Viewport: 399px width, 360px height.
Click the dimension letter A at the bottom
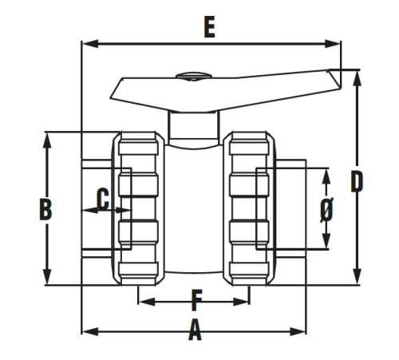click(x=194, y=330)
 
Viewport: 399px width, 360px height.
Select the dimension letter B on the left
click(x=46, y=209)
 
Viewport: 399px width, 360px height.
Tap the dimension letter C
click(x=102, y=197)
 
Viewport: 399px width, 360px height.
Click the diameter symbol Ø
click(x=326, y=209)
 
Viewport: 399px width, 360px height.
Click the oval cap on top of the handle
click(x=190, y=77)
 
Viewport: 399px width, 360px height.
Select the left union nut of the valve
click(x=139, y=209)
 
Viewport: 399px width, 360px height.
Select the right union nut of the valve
click(x=249, y=209)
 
